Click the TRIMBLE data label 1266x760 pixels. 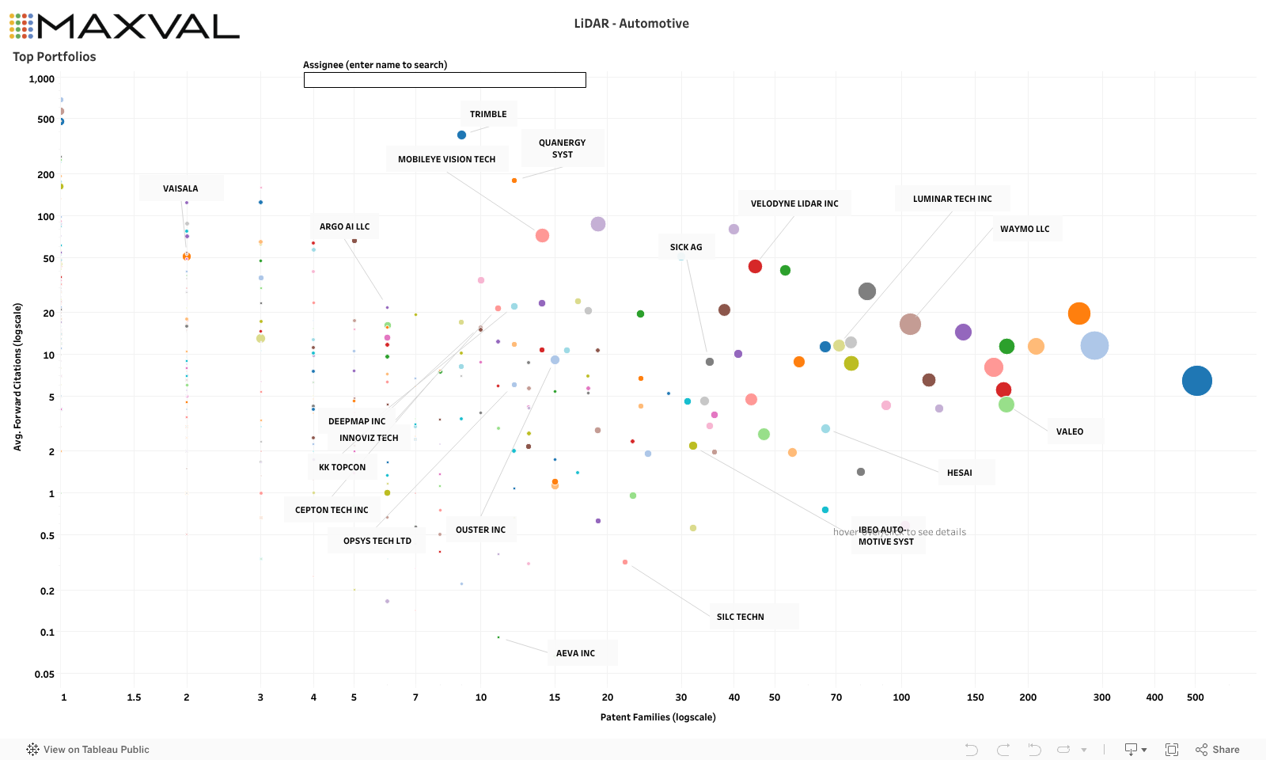click(488, 114)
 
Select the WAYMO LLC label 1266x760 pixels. click(1025, 229)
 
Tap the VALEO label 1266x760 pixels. click(1069, 431)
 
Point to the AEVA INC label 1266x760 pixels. click(575, 653)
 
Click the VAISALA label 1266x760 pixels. click(180, 188)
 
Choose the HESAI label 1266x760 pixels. click(959, 473)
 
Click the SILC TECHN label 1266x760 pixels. click(740, 617)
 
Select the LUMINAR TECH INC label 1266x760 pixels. click(952, 199)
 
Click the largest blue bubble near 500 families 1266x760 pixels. click(1196, 381)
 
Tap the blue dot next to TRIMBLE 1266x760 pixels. click(461, 135)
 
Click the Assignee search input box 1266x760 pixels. click(445, 80)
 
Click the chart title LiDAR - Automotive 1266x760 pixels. click(631, 24)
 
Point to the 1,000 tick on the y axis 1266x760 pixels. click(42, 79)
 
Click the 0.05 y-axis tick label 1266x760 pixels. click(44, 674)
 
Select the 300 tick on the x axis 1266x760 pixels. click(1101, 697)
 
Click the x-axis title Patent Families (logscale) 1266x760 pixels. click(658, 717)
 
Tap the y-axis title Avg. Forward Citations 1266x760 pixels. click(17, 377)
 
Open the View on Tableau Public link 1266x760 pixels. click(89, 750)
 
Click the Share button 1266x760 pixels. click(1218, 750)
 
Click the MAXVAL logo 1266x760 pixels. click(124, 26)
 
